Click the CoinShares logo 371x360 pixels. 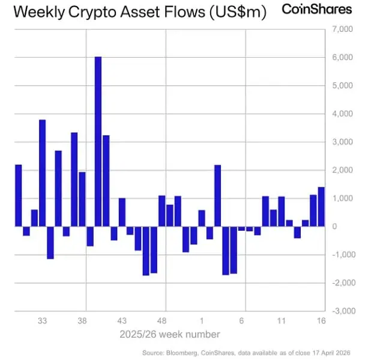tap(316, 10)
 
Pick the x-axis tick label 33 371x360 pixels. tap(43, 321)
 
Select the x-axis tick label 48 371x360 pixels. tap(162, 321)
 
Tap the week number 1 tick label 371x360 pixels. tap(202, 321)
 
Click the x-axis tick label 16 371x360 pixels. tap(321, 321)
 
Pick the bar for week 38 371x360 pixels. tap(82, 199)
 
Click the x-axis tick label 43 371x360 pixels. tap(122, 321)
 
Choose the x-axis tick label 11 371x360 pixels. tap(281, 321)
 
